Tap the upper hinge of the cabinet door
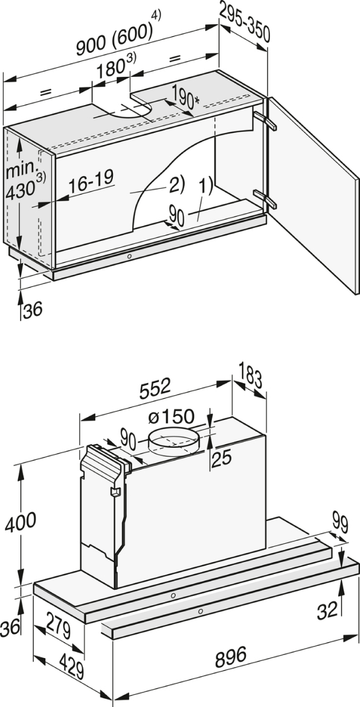pyautogui.click(x=265, y=120)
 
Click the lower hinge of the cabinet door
pyautogui.click(x=265, y=198)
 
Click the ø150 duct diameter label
pyautogui.click(x=171, y=417)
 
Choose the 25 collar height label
pyautogui.click(x=222, y=459)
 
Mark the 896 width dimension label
pyautogui.click(x=230, y=656)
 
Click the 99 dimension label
pyautogui.click(x=339, y=523)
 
